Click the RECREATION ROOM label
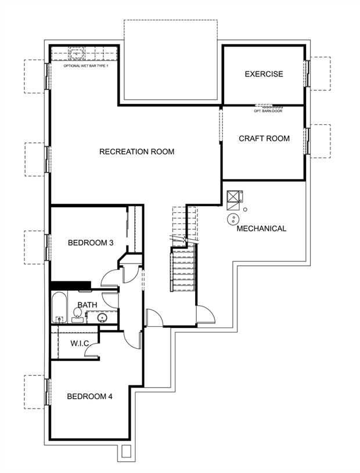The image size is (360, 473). (x=136, y=151)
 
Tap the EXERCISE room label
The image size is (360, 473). (x=264, y=74)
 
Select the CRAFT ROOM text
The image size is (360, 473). (x=264, y=139)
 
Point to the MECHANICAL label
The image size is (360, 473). (x=261, y=229)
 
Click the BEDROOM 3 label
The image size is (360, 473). (x=91, y=243)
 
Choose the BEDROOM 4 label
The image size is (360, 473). (x=89, y=396)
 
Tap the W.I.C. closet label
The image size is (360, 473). (x=80, y=343)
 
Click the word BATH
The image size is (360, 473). (x=88, y=305)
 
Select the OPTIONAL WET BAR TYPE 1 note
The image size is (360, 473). (x=86, y=66)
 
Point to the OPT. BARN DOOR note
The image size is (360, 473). (x=268, y=111)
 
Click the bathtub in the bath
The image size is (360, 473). (x=59, y=307)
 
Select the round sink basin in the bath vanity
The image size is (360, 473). (x=102, y=317)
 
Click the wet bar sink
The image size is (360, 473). (x=78, y=55)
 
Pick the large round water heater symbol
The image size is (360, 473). (x=233, y=219)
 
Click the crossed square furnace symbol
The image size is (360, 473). (x=233, y=196)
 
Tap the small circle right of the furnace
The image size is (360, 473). (x=246, y=210)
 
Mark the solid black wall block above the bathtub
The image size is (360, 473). (x=71, y=285)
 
